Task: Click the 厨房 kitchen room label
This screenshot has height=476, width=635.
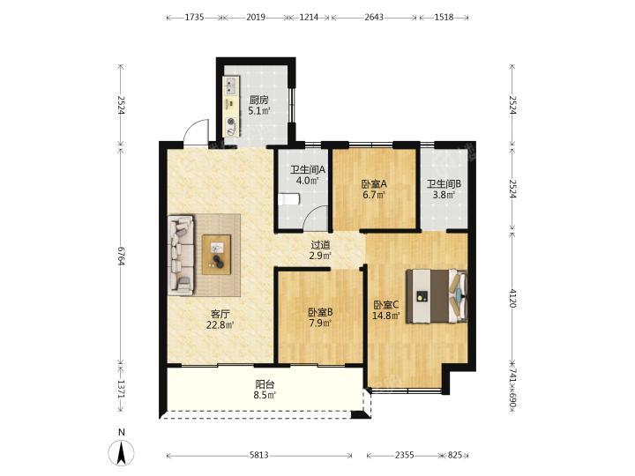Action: tap(258, 100)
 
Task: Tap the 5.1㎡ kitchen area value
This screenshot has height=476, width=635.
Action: tap(259, 110)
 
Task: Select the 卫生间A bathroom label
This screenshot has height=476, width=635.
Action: tap(308, 170)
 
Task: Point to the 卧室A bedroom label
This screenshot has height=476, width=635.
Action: tap(374, 184)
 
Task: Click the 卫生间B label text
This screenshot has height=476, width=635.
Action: tap(444, 184)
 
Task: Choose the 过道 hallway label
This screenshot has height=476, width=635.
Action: tap(320, 245)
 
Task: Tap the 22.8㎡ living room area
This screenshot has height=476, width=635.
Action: tap(220, 324)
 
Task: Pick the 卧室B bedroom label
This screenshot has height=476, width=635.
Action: tap(321, 312)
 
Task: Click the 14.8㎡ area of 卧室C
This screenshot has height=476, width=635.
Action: tap(386, 316)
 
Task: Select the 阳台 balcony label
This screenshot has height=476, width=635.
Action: tap(265, 384)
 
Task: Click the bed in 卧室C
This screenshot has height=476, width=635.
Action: tap(437, 296)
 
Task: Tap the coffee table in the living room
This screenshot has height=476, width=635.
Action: tap(216, 255)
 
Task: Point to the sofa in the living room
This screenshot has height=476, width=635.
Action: tap(182, 255)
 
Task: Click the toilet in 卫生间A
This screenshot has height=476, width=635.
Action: tap(289, 198)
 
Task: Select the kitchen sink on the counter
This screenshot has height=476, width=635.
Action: tap(230, 86)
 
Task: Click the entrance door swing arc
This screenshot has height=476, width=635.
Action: tap(196, 130)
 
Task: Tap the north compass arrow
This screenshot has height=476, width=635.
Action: tap(121, 452)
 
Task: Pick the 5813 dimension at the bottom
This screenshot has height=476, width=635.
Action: tap(259, 456)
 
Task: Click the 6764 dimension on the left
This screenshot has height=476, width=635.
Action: tap(121, 256)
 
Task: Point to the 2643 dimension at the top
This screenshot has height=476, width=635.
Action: tap(374, 17)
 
